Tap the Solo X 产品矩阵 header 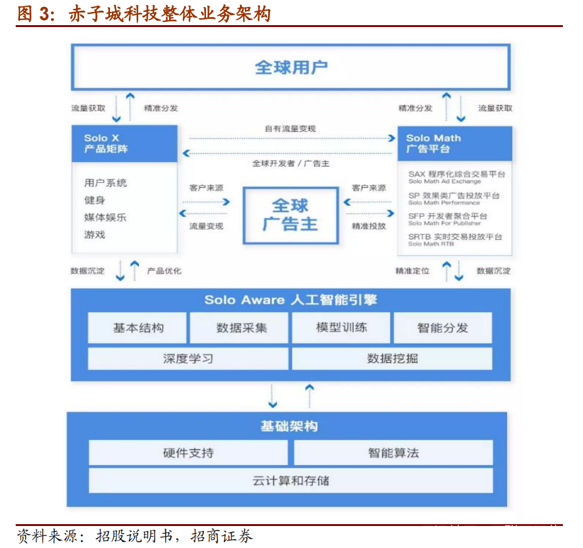click(x=124, y=144)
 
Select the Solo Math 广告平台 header click(x=455, y=144)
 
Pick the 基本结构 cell click(x=137, y=328)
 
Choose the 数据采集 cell click(x=239, y=328)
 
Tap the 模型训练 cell click(x=341, y=327)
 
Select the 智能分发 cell click(x=443, y=328)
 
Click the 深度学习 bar click(x=188, y=359)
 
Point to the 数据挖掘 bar click(x=392, y=359)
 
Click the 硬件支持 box click(x=188, y=452)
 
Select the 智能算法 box click(x=393, y=452)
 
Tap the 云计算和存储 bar click(x=291, y=481)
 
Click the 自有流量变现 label click(x=290, y=129)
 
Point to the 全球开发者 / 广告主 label click(x=291, y=163)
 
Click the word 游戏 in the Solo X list click(x=95, y=235)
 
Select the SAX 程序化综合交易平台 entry click(x=457, y=177)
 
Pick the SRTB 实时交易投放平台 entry click(x=455, y=239)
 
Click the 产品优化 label click(x=165, y=271)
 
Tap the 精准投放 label click(x=369, y=226)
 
